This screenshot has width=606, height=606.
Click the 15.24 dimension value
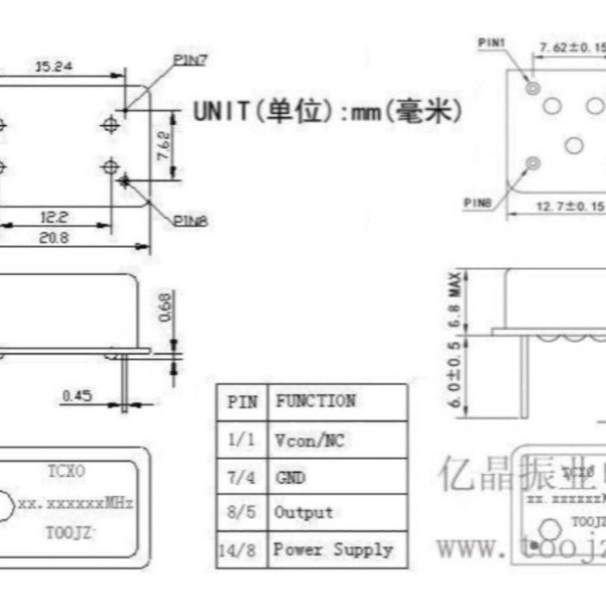click(x=54, y=66)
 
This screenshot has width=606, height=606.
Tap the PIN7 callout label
click(x=190, y=60)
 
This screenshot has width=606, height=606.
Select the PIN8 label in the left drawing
click(x=190, y=221)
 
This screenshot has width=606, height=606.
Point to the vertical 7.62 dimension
click(x=165, y=145)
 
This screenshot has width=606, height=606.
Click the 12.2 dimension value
click(x=54, y=218)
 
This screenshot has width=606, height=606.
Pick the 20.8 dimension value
click(x=54, y=237)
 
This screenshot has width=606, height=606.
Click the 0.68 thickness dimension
click(x=165, y=308)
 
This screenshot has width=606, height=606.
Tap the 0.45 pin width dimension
click(x=77, y=395)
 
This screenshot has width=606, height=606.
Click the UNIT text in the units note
click(x=221, y=111)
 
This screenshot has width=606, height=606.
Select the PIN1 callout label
click(x=491, y=43)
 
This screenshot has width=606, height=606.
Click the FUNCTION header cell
click(x=316, y=401)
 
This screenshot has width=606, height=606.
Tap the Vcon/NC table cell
click(x=310, y=440)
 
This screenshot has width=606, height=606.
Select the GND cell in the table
click(x=290, y=477)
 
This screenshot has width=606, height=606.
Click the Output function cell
click(x=304, y=513)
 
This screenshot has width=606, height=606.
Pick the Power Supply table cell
click(x=333, y=549)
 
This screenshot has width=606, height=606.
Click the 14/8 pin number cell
click(x=237, y=550)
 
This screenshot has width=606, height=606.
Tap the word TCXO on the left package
click(x=67, y=471)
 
